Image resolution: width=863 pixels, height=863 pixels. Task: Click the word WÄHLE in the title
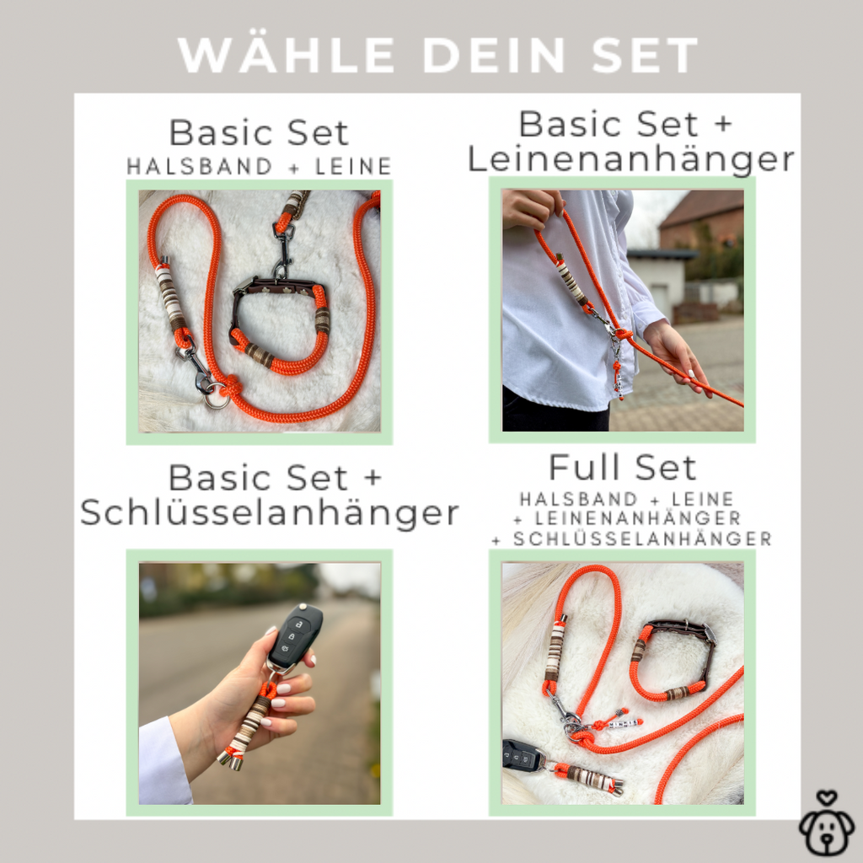point(287,55)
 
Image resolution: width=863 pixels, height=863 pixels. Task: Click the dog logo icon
point(827,823)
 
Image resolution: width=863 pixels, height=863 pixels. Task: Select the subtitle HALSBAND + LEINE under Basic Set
point(260,166)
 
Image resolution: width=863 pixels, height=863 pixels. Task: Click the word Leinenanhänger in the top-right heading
point(630,159)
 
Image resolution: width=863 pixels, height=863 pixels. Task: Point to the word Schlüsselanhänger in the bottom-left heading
point(270,513)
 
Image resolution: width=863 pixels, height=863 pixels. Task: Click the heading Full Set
point(623,468)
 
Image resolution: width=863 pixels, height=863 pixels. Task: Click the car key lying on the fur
point(523,756)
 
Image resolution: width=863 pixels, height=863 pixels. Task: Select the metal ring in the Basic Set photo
point(217,399)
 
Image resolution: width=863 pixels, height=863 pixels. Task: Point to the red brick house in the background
point(701,220)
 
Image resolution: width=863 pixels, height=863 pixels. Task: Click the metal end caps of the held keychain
point(232,761)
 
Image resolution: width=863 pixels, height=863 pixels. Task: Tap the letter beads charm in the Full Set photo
point(623,723)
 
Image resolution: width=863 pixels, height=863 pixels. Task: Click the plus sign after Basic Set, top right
point(724,123)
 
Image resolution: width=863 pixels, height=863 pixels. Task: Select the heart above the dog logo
point(826,797)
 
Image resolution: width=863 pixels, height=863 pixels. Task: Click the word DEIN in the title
point(493,55)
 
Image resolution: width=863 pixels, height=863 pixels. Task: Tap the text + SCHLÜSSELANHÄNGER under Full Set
point(631,539)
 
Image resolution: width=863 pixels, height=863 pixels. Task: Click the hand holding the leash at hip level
point(673,352)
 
